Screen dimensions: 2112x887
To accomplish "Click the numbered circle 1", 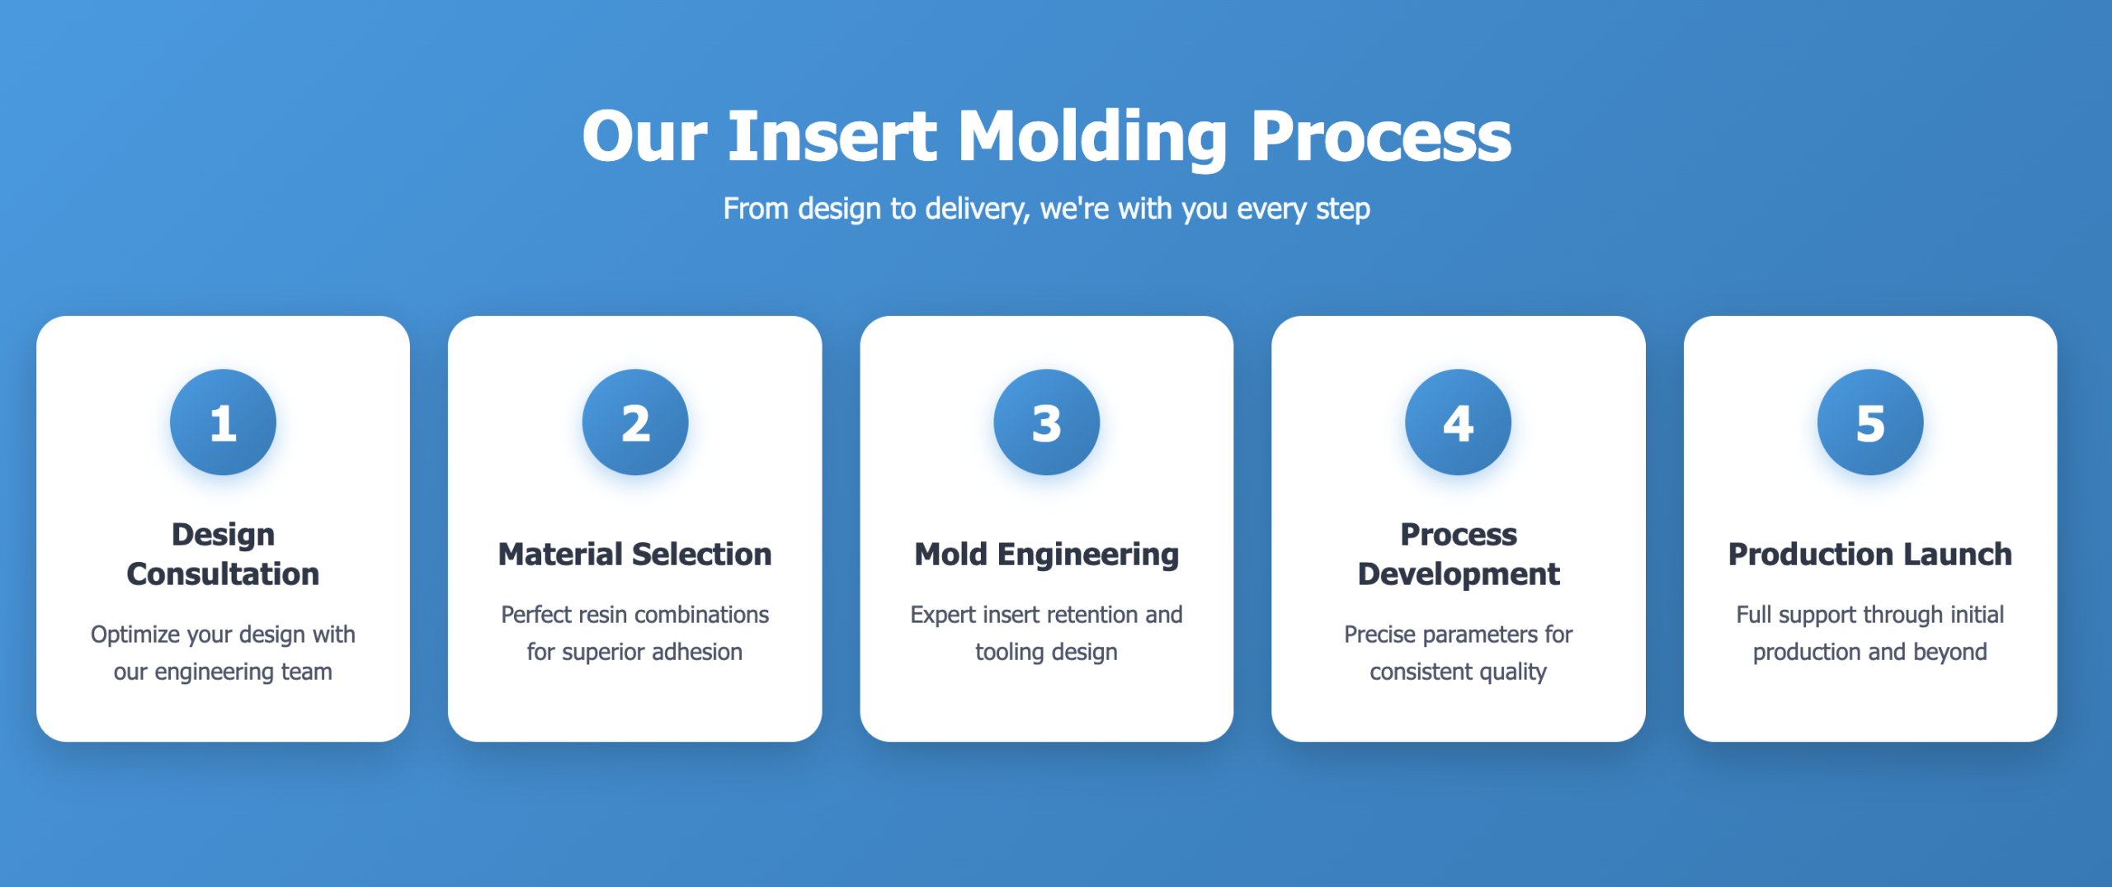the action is [x=223, y=422].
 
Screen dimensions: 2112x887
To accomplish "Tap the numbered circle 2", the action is [x=635, y=422].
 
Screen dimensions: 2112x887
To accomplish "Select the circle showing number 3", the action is [x=1046, y=422].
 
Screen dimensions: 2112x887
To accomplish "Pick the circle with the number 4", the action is [x=1458, y=422].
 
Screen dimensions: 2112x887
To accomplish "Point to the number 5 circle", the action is [x=1870, y=422].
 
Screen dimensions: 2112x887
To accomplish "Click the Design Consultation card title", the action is [x=223, y=554].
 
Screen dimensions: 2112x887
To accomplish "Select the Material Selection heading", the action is [x=635, y=554].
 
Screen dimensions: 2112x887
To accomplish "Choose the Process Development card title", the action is [x=1459, y=554].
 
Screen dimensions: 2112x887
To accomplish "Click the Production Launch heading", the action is [x=1870, y=554].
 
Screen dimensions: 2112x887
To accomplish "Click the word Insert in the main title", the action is [x=832, y=136].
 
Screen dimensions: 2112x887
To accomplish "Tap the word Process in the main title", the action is [x=1380, y=136].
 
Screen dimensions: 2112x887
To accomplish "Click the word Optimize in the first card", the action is [x=135, y=635].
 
